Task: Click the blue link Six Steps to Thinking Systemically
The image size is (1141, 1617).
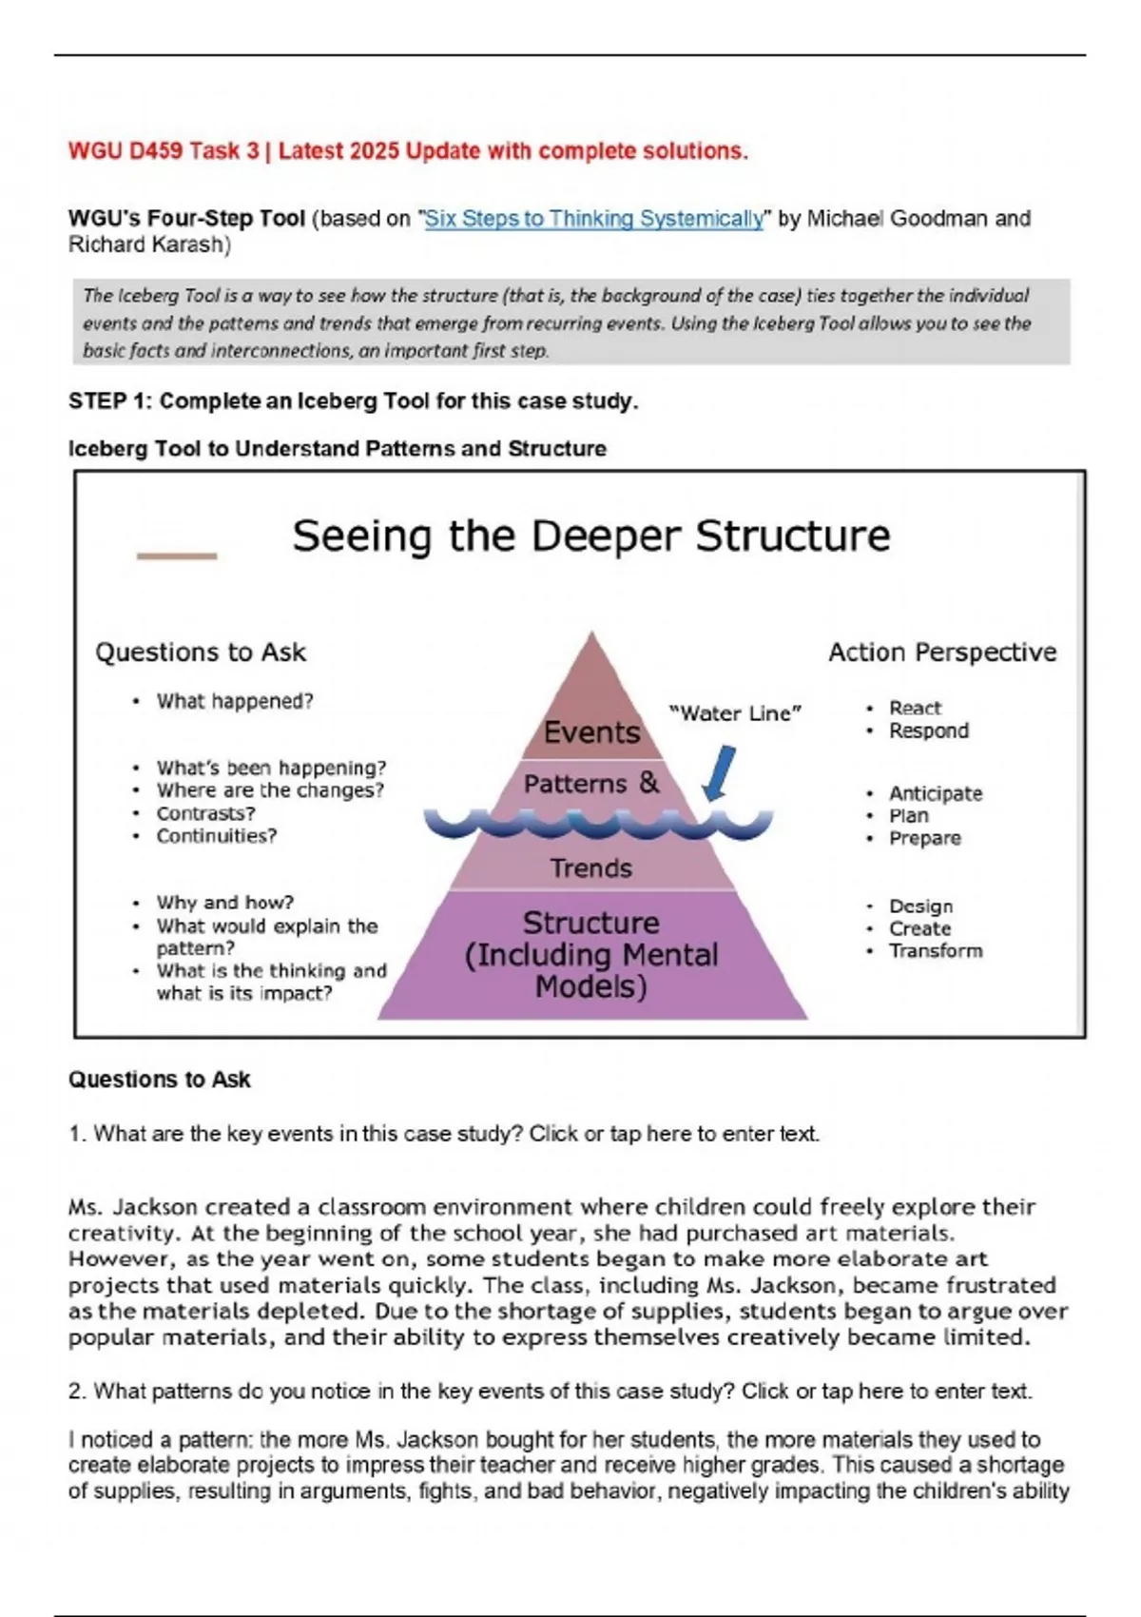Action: pos(593,219)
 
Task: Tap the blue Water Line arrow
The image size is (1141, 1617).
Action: pos(720,772)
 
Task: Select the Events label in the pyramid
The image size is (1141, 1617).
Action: pos(591,731)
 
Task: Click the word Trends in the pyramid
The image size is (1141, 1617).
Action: pos(590,867)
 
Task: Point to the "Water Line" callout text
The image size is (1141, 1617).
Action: pos(735,713)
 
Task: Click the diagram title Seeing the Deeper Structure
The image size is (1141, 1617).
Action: pos(590,536)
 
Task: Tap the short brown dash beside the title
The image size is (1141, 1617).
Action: pos(177,555)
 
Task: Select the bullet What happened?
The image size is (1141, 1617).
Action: pos(234,701)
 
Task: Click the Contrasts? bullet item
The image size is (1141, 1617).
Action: pos(205,813)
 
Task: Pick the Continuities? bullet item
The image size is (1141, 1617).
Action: pos(216,836)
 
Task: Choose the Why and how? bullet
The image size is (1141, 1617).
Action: pos(224,902)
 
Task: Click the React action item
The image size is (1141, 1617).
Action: pos(915,708)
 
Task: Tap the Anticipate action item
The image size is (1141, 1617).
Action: pos(935,793)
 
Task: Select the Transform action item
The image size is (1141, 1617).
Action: pos(936,950)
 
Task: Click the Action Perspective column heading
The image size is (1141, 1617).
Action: pos(941,653)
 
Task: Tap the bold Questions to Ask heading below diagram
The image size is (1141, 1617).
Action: pos(159,1080)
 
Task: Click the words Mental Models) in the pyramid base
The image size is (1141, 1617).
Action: pos(590,986)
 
